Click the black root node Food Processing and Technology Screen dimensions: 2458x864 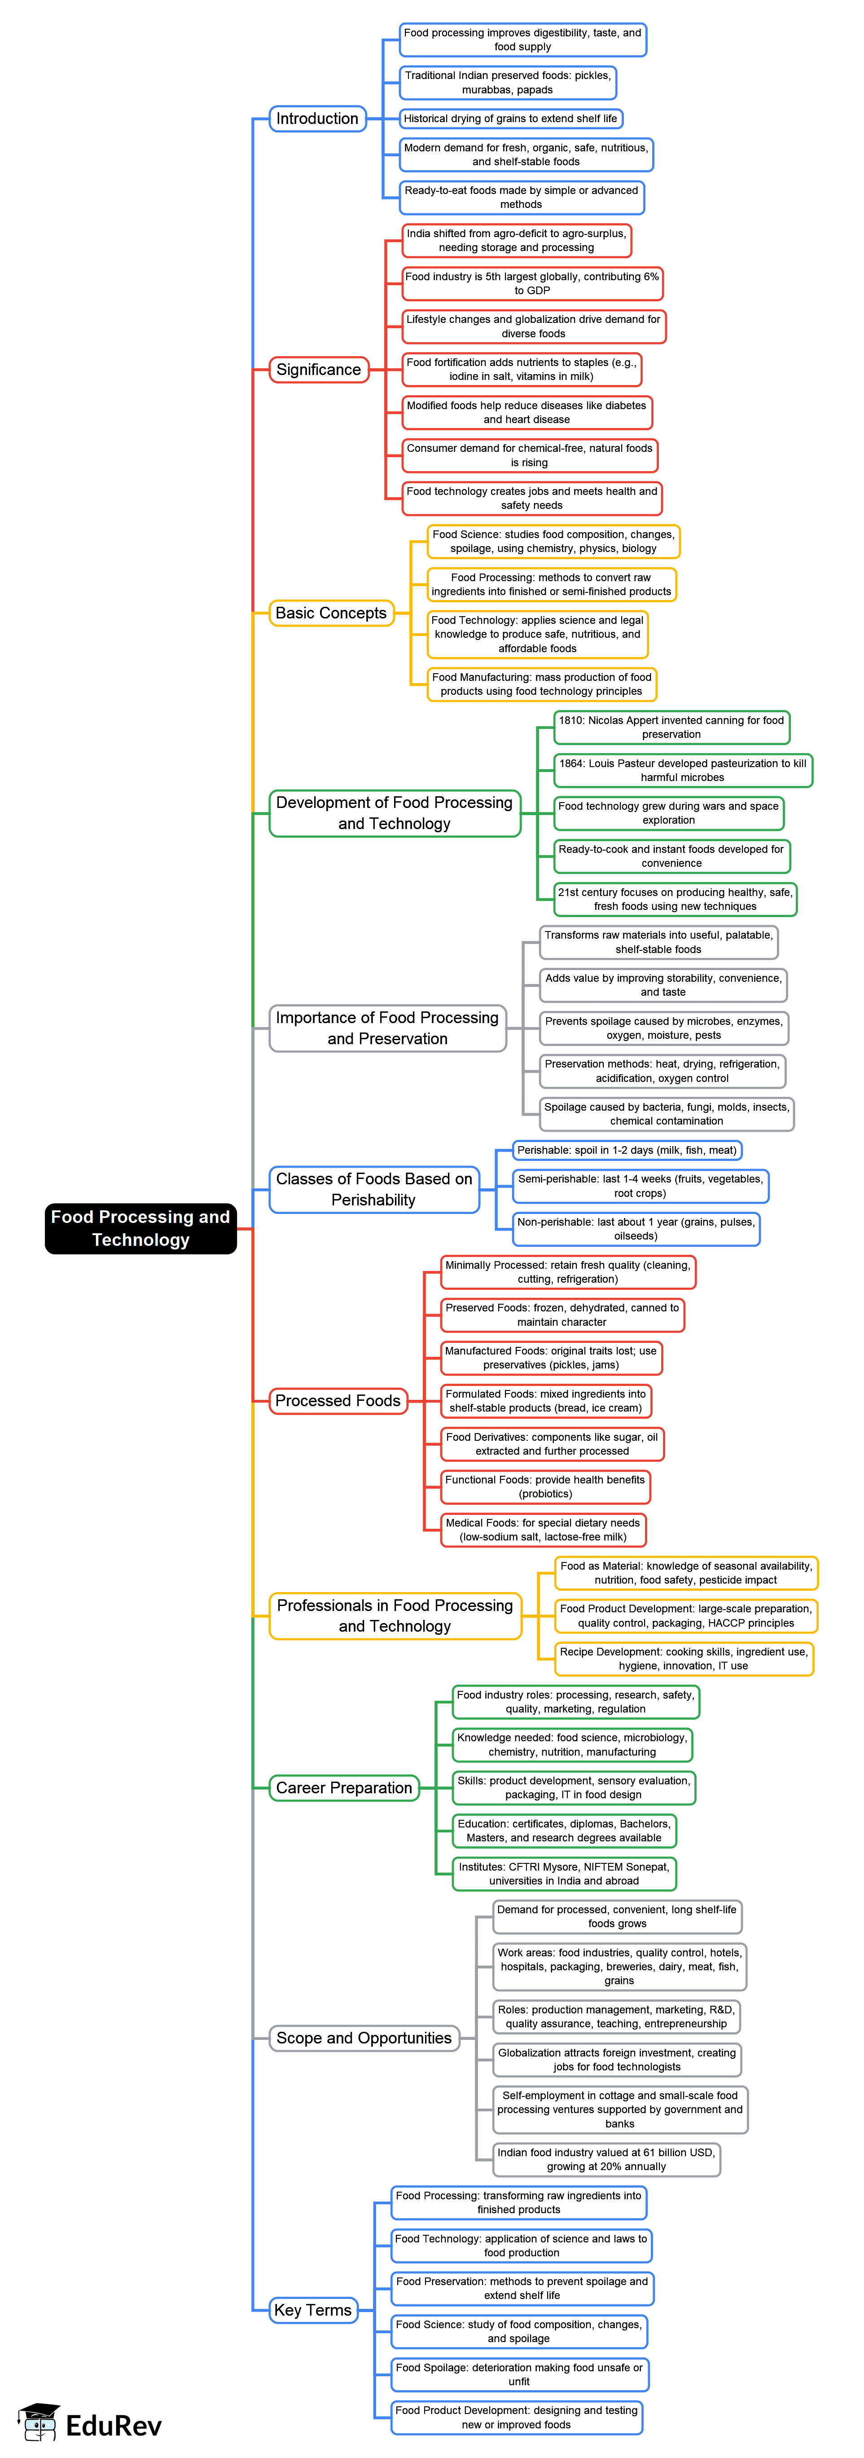tap(140, 1228)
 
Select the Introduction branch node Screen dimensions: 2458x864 tap(318, 118)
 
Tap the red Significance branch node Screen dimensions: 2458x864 tap(319, 369)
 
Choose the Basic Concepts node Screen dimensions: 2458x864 tap(331, 613)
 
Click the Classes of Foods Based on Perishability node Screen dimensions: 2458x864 tap(374, 1189)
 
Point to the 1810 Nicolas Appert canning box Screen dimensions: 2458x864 tap(671, 727)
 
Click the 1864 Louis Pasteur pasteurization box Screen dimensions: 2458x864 tap(683, 770)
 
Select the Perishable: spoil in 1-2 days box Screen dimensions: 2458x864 tap(627, 1150)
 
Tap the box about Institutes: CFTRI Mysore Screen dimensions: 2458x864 tap(564, 1873)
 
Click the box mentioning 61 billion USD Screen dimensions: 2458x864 tap(605, 2158)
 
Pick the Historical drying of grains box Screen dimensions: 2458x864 tap(510, 118)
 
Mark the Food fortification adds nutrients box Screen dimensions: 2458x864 tap(521, 369)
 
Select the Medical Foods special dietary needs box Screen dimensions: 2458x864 tap(543, 1529)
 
